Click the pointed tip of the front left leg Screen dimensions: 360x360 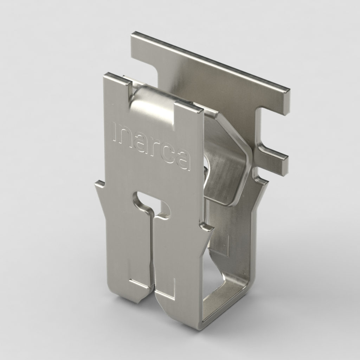tap(140, 301)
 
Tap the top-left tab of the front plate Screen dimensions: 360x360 tap(116, 79)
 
